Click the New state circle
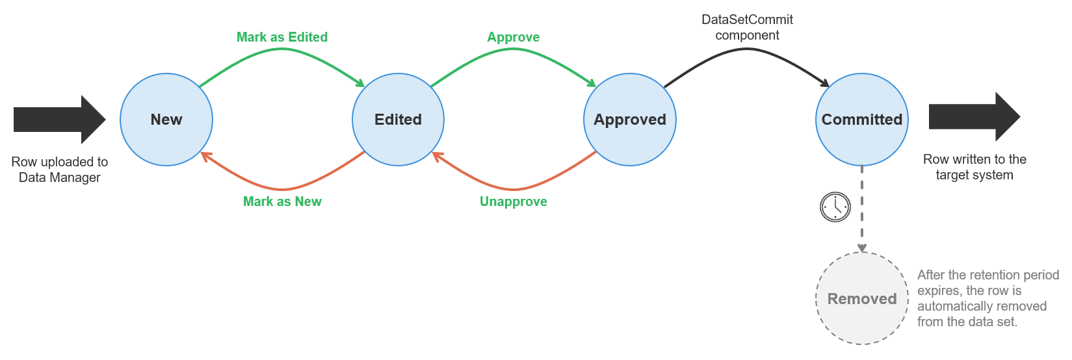coord(166,120)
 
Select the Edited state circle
coord(398,120)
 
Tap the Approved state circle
coord(630,120)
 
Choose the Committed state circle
coord(862,120)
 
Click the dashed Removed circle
coord(862,299)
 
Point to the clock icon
coord(835,207)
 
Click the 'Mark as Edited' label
coord(281,37)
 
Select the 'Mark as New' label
coord(282,201)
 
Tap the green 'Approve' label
coord(513,37)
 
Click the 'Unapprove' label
coord(513,201)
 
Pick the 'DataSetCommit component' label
coord(747,27)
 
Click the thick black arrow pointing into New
coord(59,120)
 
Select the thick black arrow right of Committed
coord(974,117)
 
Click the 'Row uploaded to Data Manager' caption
coord(60,170)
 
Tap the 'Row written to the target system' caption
coord(974,167)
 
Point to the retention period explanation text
coord(987,298)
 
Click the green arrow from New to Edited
coord(282,50)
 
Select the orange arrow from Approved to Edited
coord(514,188)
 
